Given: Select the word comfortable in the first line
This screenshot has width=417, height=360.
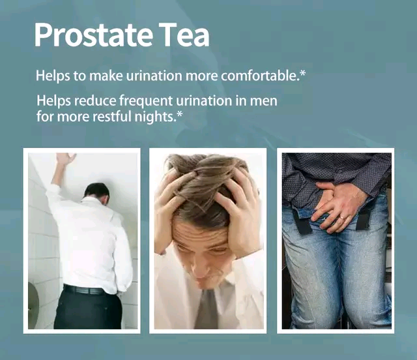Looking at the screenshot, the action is (x=259, y=76).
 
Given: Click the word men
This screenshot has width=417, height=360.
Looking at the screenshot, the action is (x=263, y=102).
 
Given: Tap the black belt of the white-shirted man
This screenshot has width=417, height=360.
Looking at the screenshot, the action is (x=85, y=290).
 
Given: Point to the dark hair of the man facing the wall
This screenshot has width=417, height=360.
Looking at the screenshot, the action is (x=97, y=190).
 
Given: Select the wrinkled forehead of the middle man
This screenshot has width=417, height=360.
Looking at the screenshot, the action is (x=200, y=233).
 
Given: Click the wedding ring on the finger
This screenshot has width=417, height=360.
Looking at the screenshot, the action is (x=341, y=218).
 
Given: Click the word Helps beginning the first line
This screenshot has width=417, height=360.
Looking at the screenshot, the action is (x=53, y=76).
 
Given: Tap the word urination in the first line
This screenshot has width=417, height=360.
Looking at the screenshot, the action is (x=154, y=76).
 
